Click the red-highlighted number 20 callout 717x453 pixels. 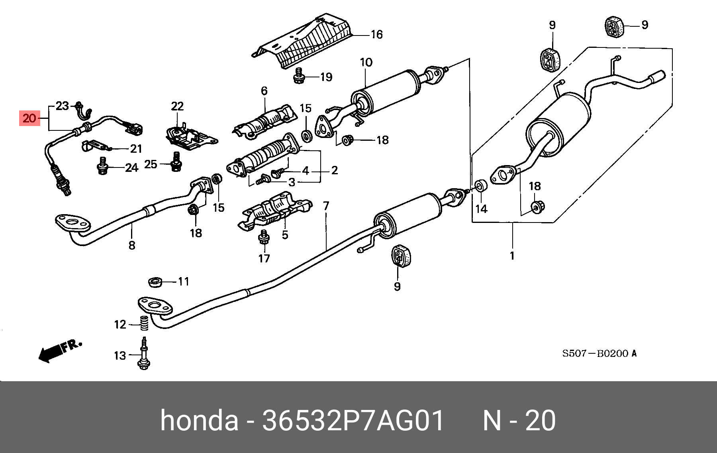tap(30, 118)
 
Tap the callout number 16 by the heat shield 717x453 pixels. tap(376, 35)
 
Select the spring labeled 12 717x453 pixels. tap(144, 323)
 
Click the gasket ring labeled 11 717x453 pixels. tap(155, 282)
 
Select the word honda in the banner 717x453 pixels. tap(199, 421)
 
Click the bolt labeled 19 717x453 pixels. tap(299, 76)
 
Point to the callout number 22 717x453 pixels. tap(177, 106)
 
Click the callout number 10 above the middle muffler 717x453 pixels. tap(366, 63)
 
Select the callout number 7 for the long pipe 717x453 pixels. tap(326, 206)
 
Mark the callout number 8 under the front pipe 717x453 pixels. tap(132, 245)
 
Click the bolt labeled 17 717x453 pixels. tap(264, 237)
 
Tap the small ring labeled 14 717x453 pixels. tap(481, 186)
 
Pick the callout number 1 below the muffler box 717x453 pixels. tap(512, 256)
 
